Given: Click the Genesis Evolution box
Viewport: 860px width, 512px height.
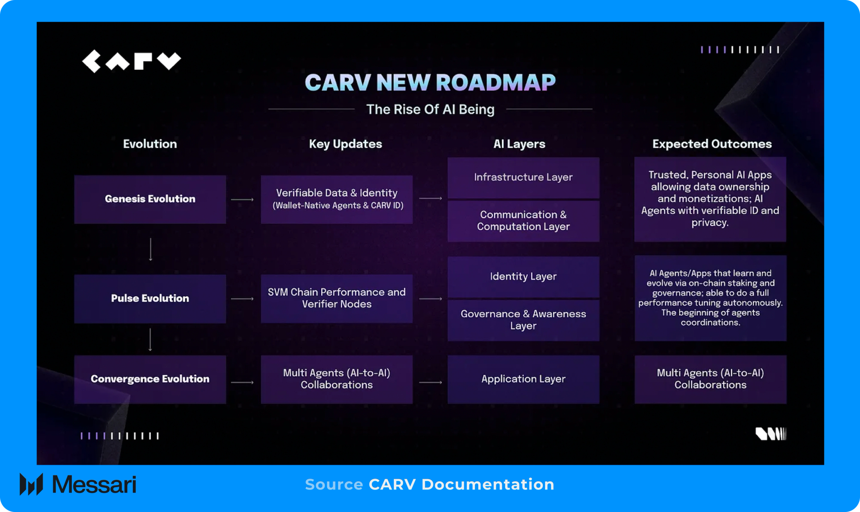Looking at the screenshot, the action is point(150,199).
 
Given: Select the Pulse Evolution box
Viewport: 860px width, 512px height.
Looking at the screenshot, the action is point(150,299).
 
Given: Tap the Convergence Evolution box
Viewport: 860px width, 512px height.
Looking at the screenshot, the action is point(150,379).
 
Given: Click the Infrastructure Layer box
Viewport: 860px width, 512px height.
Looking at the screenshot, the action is point(523,177).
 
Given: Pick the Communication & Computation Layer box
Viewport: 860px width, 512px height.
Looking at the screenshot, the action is point(523,221).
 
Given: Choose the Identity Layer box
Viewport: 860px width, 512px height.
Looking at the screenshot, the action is point(523,276).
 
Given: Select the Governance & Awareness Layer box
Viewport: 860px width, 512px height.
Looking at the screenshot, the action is point(523,320).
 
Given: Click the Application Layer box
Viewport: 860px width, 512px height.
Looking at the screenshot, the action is point(523,379).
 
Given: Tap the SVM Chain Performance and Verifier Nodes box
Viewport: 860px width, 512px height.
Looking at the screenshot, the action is point(336,299).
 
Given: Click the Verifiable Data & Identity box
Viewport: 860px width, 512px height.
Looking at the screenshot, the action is point(336,199).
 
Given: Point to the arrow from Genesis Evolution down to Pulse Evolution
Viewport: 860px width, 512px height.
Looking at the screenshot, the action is point(151,249).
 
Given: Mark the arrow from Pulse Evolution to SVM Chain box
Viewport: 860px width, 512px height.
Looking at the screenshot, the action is point(242,299).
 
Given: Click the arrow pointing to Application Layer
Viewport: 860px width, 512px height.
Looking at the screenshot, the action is point(430,382).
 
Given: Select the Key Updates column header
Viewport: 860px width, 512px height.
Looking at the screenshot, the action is point(345,144).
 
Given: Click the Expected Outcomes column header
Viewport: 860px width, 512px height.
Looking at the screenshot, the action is point(712,144).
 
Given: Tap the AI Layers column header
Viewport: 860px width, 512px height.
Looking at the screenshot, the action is point(519,144).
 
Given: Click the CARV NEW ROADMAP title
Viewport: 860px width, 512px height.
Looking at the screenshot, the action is point(430,83).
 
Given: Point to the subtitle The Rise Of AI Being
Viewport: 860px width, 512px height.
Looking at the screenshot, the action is point(430,110).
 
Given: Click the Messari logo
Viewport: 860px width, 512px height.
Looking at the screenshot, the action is point(78,484).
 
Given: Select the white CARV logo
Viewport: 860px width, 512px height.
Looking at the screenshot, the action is point(131,61).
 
